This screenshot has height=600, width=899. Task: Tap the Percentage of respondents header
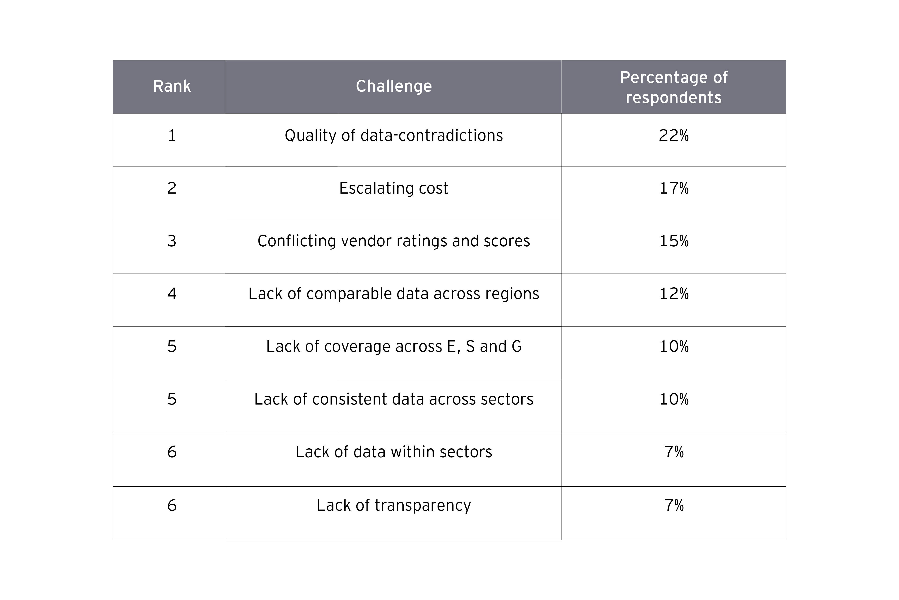674,87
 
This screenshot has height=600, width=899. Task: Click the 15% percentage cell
674,241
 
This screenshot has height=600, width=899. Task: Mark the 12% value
674,294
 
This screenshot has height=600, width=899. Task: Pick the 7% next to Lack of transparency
674,506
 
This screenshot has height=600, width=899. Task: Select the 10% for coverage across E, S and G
674,347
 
